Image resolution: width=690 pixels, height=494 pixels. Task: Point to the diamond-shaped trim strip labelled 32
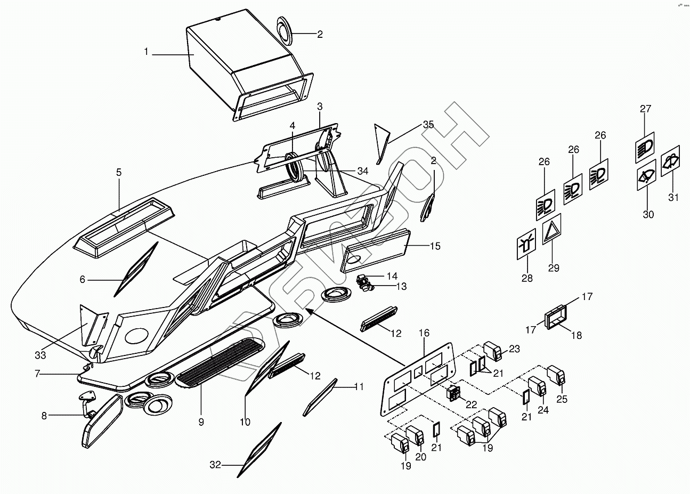[260, 449]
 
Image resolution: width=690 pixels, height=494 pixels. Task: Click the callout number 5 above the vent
[119, 173]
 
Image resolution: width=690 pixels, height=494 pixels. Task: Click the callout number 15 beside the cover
[435, 246]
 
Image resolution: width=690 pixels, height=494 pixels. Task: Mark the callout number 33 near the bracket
[40, 354]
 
